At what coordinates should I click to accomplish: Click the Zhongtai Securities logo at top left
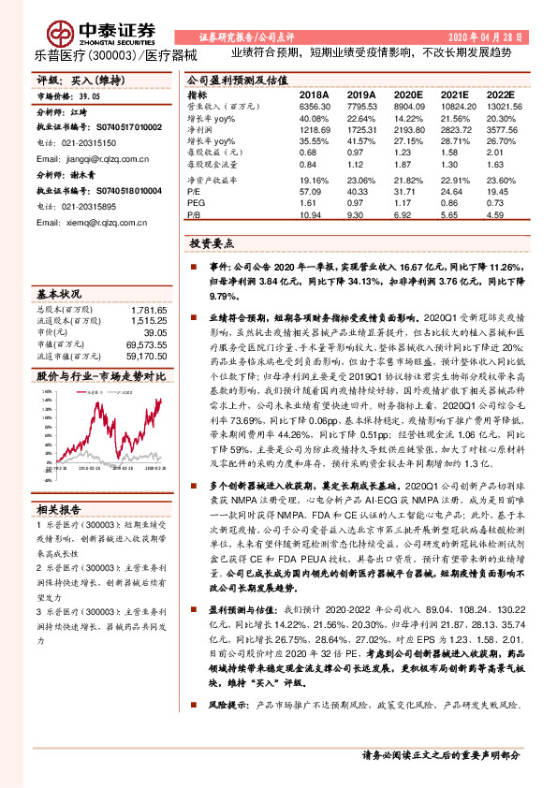tap(82, 31)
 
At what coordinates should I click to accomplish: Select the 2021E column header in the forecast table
tap(454, 95)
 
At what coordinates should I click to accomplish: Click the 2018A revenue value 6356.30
tap(315, 109)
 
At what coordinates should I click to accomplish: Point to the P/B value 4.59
tap(502, 212)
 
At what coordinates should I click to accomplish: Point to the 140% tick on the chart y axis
tap(45, 397)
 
